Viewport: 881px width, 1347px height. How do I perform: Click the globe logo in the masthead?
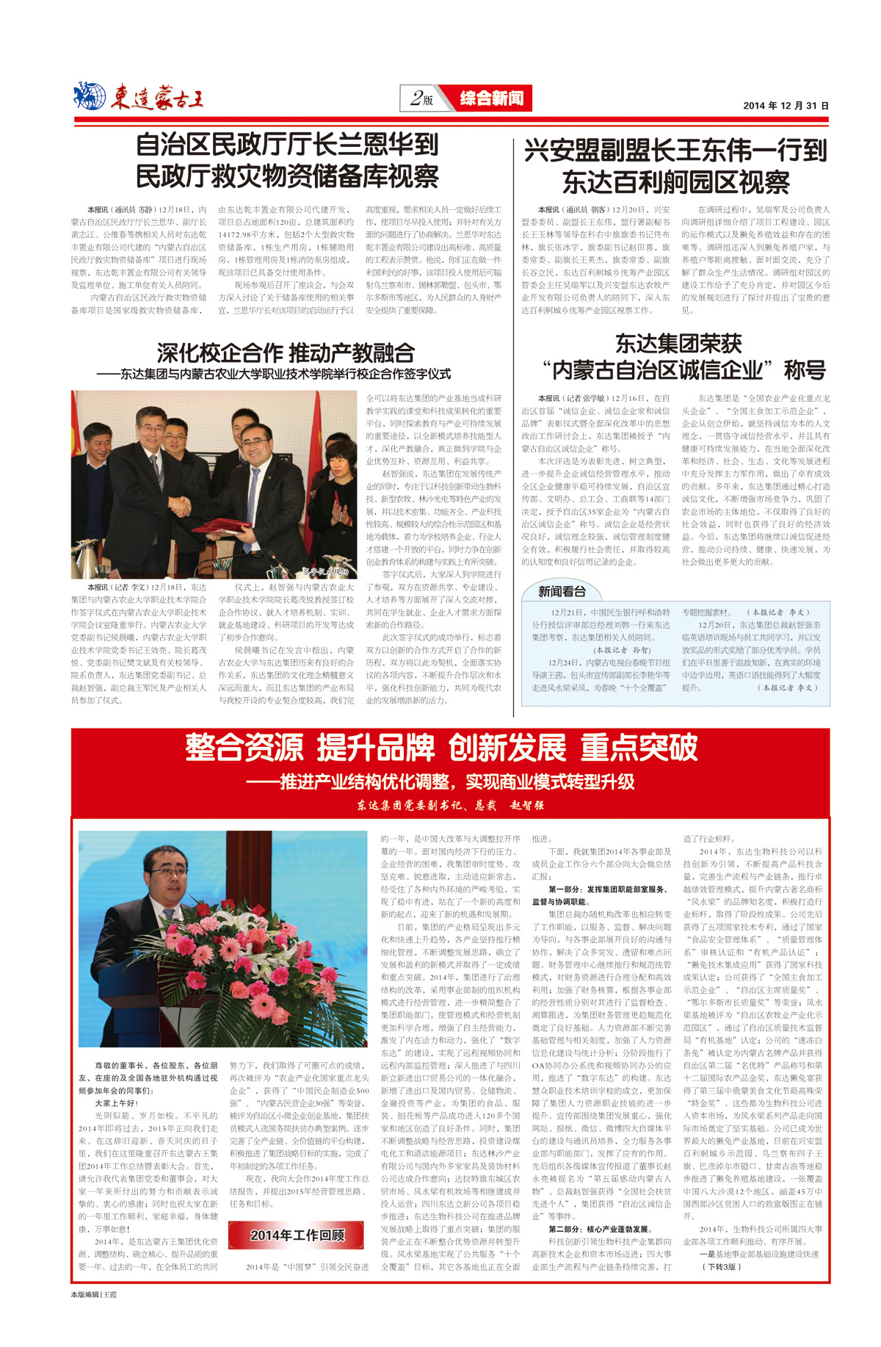(x=90, y=96)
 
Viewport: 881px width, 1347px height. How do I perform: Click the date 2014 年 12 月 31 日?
(x=785, y=106)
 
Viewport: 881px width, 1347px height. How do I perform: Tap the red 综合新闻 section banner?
(x=491, y=98)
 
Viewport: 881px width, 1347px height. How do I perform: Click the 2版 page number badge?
(x=422, y=98)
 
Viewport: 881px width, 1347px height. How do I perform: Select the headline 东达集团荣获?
(x=678, y=344)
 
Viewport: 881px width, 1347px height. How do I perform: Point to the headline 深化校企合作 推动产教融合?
(x=286, y=353)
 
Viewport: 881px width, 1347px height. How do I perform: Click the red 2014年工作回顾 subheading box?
(x=297, y=1235)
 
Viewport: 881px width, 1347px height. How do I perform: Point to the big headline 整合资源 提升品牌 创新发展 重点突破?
(x=440, y=748)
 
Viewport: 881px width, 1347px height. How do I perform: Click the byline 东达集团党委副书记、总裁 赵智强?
(x=450, y=805)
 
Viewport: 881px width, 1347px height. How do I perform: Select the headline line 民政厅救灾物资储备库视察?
(x=287, y=177)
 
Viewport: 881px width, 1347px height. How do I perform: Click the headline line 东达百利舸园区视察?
(x=675, y=182)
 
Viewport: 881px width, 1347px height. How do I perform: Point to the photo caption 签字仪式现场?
(x=326, y=571)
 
